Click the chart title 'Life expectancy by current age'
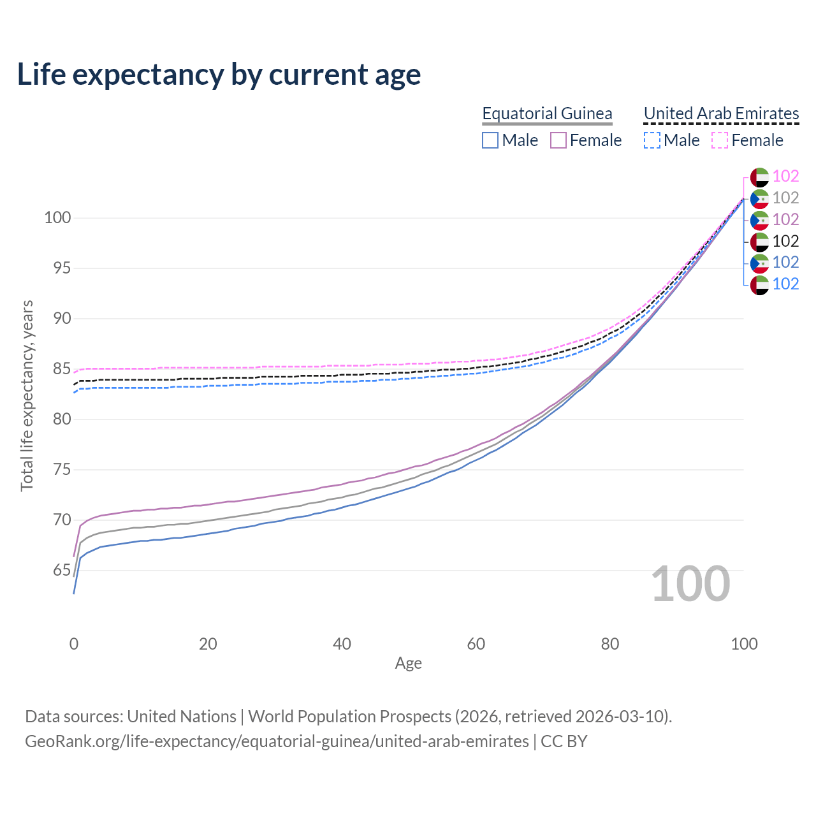pos(219,75)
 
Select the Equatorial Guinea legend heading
pos(547,113)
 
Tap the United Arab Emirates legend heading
pos(721,113)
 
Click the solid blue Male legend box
pos(490,140)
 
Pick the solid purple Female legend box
pos(558,140)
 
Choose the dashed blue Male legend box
pos(652,140)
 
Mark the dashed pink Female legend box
pos(720,140)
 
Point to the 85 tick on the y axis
pos(57,369)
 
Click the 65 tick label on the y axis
pos(57,571)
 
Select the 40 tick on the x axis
pos(342,644)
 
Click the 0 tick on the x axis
pos(74,644)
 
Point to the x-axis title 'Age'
pos(408,664)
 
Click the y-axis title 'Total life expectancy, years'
pos(27,395)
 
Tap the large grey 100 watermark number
pos(690,584)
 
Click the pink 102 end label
pos(785,177)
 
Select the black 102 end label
pos(785,241)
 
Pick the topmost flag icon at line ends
pos(759,177)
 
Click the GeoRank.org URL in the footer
pos(277,741)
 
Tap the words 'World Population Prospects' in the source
pos(349,717)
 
